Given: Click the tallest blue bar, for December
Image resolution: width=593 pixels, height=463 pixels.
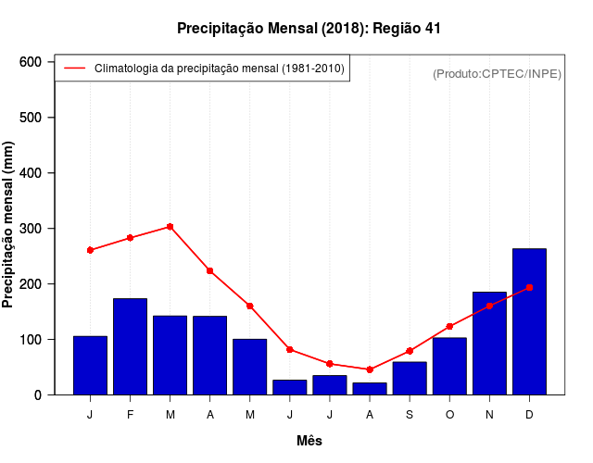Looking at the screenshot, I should tap(529, 321).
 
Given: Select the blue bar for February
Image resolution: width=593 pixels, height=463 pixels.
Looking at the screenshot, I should tap(131, 346).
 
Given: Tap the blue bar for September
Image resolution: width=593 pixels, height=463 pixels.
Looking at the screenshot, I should tap(410, 378).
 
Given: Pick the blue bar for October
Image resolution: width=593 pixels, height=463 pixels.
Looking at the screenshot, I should tap(449, 366).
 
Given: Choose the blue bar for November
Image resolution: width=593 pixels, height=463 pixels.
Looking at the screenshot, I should tap(489, 343).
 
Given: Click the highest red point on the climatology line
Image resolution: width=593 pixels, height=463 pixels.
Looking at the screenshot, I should tap(170, 226).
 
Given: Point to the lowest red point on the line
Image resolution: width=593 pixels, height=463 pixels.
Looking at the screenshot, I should tap(370, 369).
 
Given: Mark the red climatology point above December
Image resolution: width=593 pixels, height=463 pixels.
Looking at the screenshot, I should tap(529, 287).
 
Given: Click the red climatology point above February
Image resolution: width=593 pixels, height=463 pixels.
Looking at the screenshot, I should tap(131, 238).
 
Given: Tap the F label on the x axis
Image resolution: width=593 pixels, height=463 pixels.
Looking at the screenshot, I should tap(131, 414).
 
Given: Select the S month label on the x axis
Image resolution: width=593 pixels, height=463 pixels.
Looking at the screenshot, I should tap(410, 414).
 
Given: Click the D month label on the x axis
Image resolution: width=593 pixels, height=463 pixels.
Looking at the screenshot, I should tap(529, 414).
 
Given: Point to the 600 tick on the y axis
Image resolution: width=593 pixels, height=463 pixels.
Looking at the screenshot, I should tap(32, 62).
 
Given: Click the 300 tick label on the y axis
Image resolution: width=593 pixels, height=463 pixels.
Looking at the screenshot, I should tap(32, 229).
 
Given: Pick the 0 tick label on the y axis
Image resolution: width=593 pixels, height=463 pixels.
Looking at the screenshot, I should tap(37, 395).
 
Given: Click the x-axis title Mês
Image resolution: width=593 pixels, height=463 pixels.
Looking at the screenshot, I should tap(309, 441).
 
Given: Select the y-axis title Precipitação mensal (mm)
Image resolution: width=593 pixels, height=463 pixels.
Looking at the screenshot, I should tap(9, 225).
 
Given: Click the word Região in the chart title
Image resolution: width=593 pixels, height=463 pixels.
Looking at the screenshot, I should tap(397, 29).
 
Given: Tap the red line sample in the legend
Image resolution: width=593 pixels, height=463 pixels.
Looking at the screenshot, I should tap(74, 69).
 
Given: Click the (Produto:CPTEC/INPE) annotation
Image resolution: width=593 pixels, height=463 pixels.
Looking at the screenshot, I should tap(497, 73).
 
